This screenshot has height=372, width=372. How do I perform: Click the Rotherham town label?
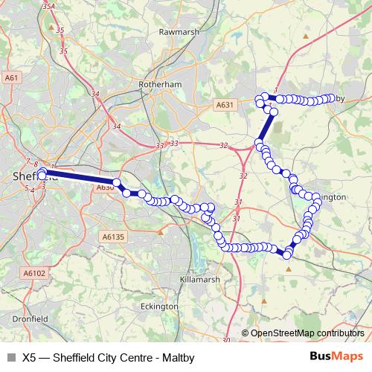tap(160, 85)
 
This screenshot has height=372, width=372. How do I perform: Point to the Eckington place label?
tap(159, 306)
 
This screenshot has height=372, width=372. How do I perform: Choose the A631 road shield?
tap(225, 106)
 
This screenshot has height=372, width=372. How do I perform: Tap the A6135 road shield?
tap(112, 236)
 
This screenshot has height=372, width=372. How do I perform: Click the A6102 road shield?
tap(33, 274)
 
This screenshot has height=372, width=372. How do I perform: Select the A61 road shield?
tap(11, 77)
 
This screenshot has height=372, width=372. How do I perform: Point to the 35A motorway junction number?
tap(49, 7)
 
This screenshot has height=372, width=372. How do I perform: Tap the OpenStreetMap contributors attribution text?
tap(307, 333)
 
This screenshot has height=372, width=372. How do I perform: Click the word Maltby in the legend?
tap(178, 358)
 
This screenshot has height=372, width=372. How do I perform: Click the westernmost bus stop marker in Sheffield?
tap(42, 173)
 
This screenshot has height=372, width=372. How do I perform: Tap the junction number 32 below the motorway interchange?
tap(243, 176)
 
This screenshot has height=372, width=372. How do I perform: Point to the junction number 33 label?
tap(174, 143)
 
